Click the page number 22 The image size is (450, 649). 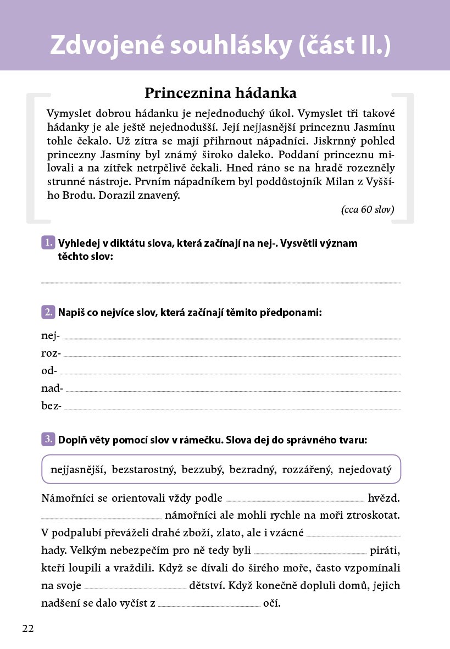pos(28,629)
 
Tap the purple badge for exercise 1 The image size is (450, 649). pos(48,243)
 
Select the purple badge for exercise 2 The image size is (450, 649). pos(48,312)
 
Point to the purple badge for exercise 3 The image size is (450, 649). pos(48,439)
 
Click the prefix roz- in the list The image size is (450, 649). pos(51,353)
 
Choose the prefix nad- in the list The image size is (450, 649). pos(52,388)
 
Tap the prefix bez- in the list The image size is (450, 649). pos(52,406)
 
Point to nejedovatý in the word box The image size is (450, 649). pos(365,470)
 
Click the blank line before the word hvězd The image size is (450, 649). pos(295,500)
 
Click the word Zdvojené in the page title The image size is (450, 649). pos(109,46)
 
